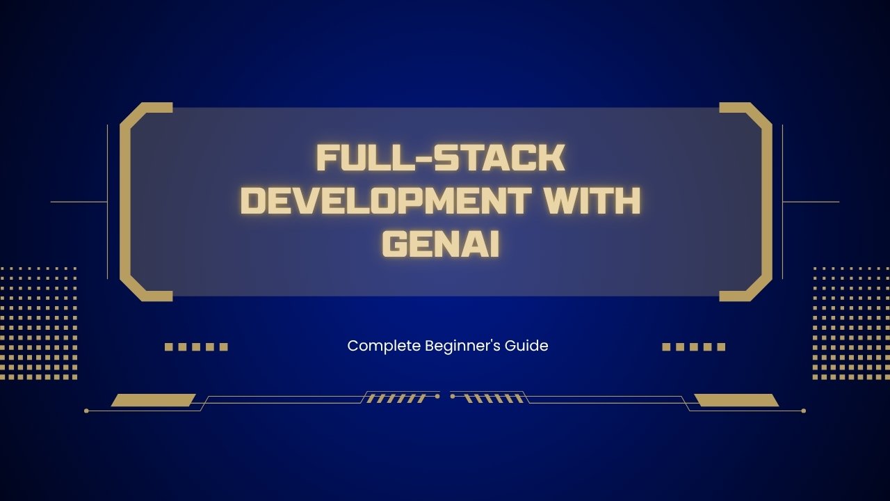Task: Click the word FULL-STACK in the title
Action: click(439, 159)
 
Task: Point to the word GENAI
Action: click(441, 244)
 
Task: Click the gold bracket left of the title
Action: click(126, 202)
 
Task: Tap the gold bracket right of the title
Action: click(766, 202)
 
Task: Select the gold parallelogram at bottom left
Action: click(153, 400)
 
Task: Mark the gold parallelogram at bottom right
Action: click(736, 400)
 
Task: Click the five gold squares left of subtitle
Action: click(196, 347)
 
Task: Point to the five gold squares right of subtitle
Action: click(693, 347)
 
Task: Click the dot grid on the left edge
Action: click(38, 323)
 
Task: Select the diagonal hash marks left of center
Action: click(396, 399)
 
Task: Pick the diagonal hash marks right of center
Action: click(494, 399)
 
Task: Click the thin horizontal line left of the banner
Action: click(79, 202)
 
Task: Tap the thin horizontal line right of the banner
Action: click(811, 202)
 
